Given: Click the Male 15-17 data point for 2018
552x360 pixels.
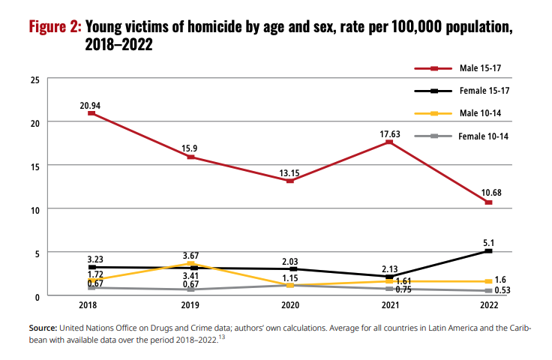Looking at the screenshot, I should coord(91,113).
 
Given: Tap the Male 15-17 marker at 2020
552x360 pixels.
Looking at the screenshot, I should coord(290,181).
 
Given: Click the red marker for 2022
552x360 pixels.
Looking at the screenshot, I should coord(488,202).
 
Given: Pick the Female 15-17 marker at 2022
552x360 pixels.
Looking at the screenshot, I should coord(488,251).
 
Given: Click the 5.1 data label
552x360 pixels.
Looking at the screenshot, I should coord(488,241).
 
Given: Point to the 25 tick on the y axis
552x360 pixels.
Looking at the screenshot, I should coord(34,79).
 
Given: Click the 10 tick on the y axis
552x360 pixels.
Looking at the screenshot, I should coord(34,209).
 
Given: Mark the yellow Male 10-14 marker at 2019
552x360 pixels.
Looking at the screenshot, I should coord(190,263).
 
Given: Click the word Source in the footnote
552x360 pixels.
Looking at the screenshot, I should coord(42,328).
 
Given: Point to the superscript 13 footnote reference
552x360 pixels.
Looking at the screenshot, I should coord(223,337).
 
